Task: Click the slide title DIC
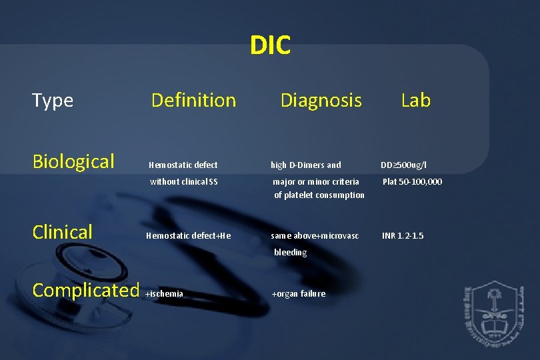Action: (x=270, y=46)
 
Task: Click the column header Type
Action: (x=53, y=101)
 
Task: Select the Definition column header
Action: (x=193, y=101)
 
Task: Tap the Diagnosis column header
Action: (x=321, y=101)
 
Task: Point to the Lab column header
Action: (x=415, y=101)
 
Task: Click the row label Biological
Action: (x=73, y=161)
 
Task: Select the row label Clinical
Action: (x=63, y=232)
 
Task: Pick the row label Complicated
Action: (x=85, y=290)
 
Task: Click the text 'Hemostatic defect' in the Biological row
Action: (x=183, y=165)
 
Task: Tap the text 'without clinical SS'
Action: (x=184, y=181)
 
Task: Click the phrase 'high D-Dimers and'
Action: (x=305, y=165)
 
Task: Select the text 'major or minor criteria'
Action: (x=316, y=181)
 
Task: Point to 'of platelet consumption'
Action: (x=319, y=195)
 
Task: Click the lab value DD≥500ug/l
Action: (x=403, y=165)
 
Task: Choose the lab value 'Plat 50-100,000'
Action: (x=412, y=181)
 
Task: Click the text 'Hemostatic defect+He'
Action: (x=188, y=235)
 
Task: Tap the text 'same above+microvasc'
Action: (x=315, y=235)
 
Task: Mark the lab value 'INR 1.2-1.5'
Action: (x=402, y=235)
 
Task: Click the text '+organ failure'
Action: (x=299, y=294)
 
